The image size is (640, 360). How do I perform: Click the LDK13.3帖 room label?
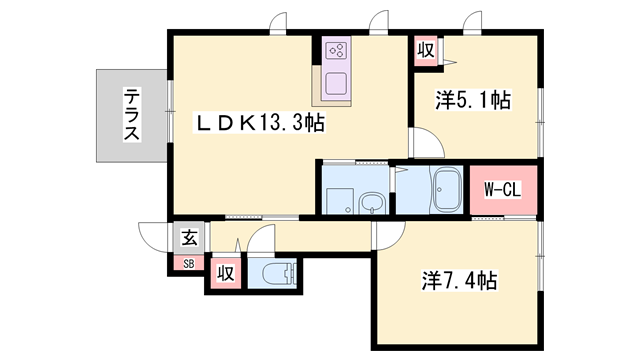tap(258, 124)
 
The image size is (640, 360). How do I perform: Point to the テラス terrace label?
tap(131, 116)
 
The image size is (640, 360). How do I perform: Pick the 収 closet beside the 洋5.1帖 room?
tap(425, 50)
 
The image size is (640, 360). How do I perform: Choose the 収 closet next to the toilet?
tap(226, 273)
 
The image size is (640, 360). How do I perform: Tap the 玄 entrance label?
tap(187, 238)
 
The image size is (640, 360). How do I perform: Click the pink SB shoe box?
tap(187, 263)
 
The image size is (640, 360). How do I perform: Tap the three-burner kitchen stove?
tap(336, 50)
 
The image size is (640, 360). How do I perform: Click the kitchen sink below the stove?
tap(336, 82)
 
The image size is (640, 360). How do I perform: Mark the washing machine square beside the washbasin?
tap(338, 198)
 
